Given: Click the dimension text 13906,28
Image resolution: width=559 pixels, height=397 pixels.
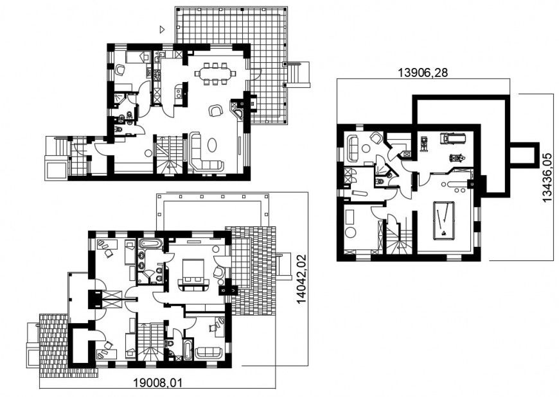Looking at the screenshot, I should tap(423, 72).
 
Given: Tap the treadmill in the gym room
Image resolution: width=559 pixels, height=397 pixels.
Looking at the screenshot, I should tap(447, 138).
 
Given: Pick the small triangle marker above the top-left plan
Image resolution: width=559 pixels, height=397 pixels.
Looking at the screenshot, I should tap(162, 29).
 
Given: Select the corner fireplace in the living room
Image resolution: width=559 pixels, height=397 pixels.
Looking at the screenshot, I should tap(238, 114).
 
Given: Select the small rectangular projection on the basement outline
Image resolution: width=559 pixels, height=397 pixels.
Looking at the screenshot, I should tap(522, 155).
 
